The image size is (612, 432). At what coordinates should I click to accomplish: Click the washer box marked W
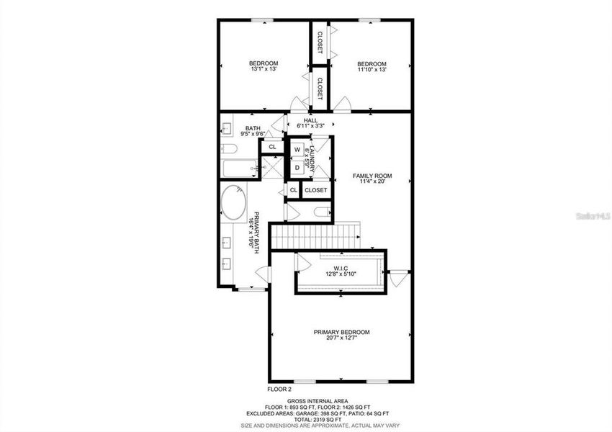click(297, 150)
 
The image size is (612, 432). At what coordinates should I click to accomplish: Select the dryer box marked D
click(297, 167)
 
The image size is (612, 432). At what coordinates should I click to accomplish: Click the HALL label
click(310, 120)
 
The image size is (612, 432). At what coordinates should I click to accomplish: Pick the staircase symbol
click(317, 233)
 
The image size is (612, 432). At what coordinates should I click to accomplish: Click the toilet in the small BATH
click(229, 149)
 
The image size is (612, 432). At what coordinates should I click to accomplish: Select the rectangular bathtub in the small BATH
click(238, 170)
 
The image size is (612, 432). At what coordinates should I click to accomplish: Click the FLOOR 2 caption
click(279, 388)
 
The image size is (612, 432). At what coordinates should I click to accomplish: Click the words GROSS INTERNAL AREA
click(318, 400)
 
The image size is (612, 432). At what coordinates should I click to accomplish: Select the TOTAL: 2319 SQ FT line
click(318, 420)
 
